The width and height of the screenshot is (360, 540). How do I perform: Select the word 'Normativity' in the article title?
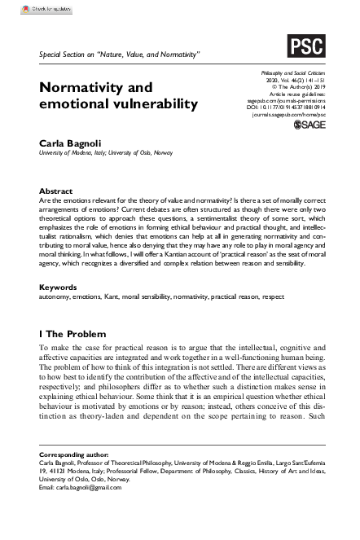click(x=89, y=87)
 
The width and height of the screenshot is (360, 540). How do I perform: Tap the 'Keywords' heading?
click(x=58, y=265)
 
